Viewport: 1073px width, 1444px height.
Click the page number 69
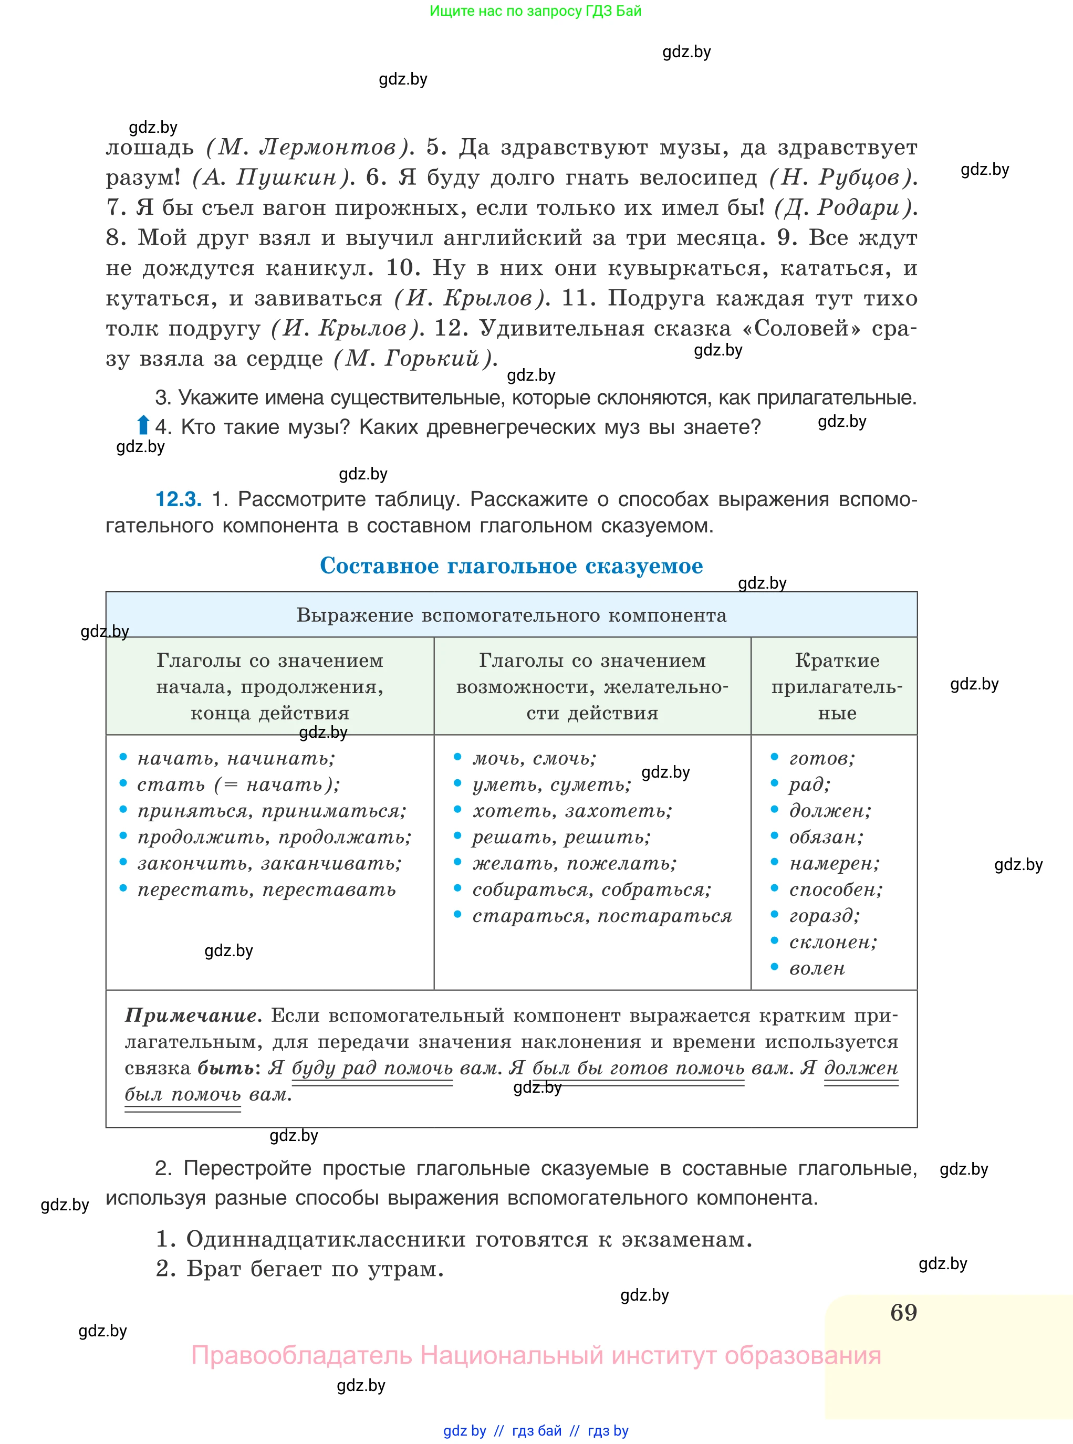pos(903,1312)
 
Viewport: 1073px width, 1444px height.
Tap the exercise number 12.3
pos(178,499)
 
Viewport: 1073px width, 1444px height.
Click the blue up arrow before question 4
pos(143,425)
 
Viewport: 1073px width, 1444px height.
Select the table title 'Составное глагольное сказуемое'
pos(511,566)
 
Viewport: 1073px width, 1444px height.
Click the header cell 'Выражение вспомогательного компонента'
pos(511,615)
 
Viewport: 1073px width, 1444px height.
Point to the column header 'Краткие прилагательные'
pos(837,686)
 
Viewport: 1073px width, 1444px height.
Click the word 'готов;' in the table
pos(821,758)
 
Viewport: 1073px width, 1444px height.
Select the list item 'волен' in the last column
pos(817,968)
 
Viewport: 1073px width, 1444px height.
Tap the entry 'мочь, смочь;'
pos(534,758)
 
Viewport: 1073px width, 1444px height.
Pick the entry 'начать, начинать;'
pos(236,758)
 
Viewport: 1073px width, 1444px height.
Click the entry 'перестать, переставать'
pos(266,890)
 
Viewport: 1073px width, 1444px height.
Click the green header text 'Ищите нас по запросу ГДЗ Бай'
pos(535,11)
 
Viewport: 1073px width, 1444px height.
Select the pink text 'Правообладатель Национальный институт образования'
pos(535,1355)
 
